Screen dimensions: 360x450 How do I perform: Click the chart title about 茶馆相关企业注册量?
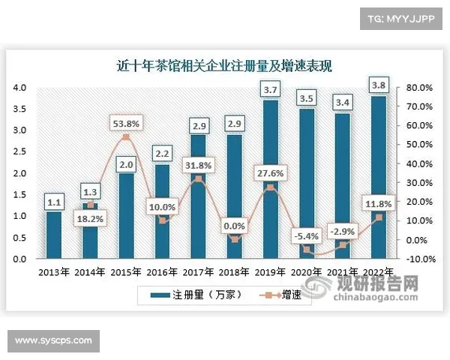(x=225, y=66)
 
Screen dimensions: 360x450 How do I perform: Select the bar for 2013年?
(x=54, y=235)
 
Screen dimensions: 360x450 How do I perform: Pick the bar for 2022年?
(x=378, y=177)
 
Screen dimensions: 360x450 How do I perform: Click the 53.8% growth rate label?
(x=125, y=122)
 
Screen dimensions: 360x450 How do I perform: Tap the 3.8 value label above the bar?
(x=378, y=84)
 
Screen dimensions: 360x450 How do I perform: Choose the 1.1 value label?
(x=54, y=202)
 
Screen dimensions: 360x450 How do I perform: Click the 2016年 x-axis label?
(x=161, y=271)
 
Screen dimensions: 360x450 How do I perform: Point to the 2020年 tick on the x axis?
(x=306, y=271)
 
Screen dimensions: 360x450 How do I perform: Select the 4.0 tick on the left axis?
(x=20, y=88)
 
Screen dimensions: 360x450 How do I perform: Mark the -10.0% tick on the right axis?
(x=418, y=259)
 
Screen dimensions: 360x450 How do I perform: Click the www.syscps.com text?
(x=53, y=340)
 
